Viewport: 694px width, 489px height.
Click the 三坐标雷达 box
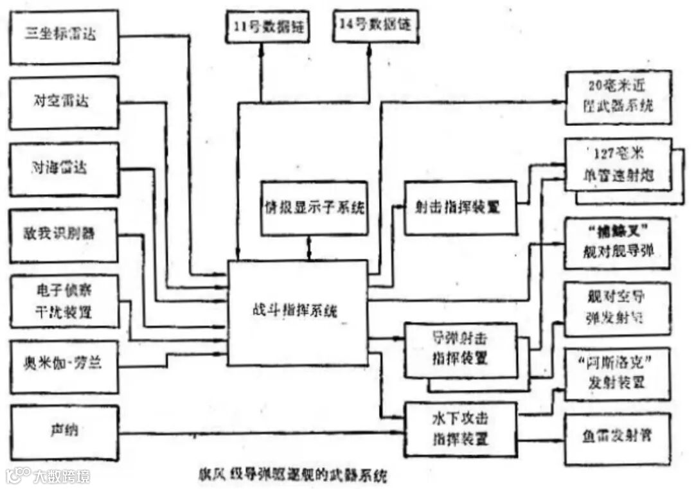coord(64,36)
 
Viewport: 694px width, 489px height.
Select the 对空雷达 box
coord(64,102)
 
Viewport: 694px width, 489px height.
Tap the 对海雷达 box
coord(64,169)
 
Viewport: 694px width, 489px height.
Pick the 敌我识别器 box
coord(64,235)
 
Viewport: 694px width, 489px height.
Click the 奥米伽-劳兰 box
coord(64,366)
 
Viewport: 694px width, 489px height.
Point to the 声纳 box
coord(64,432)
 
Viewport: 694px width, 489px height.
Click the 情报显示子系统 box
coord(314,208)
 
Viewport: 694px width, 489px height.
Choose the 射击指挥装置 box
coord(459,208)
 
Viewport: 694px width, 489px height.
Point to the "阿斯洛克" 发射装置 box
coord(617,373)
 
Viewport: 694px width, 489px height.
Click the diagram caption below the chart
coord(292,476)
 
